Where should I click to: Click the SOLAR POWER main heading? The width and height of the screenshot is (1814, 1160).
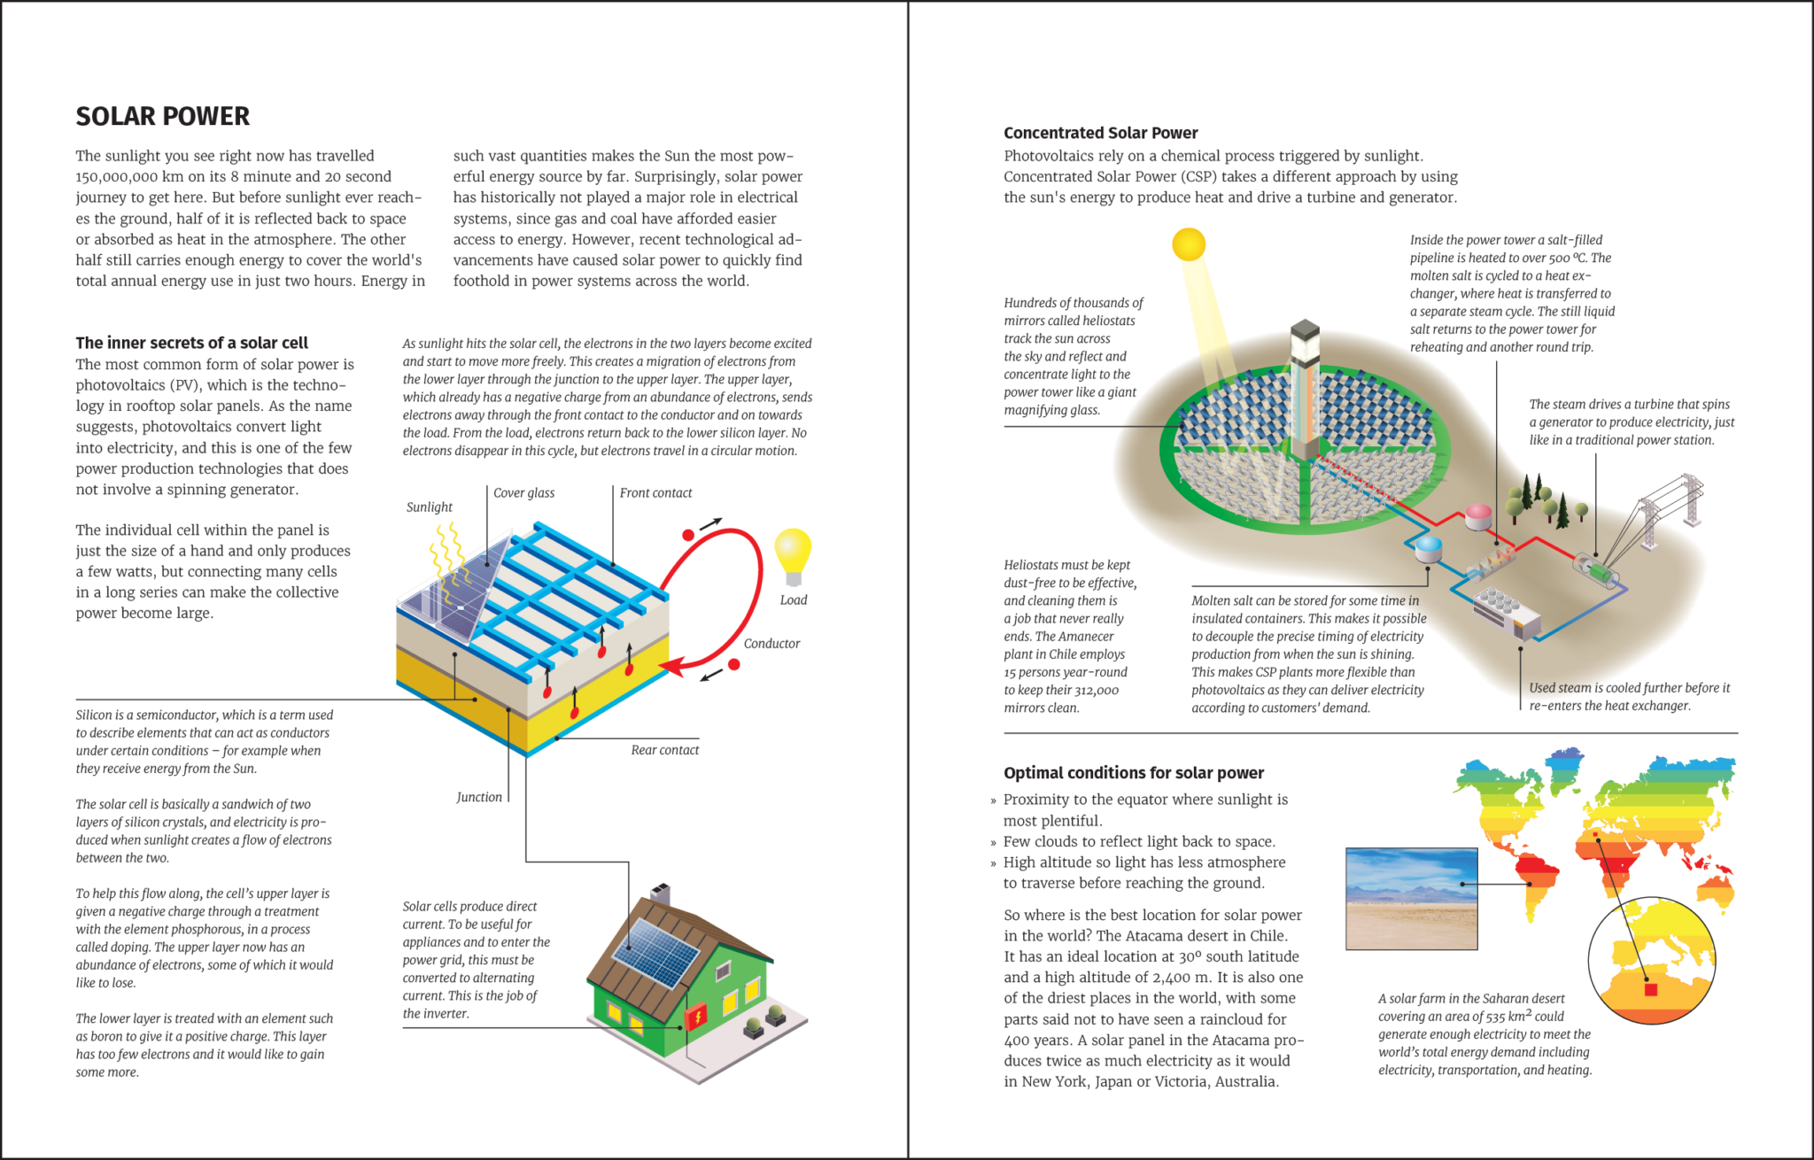[x=162, y=116]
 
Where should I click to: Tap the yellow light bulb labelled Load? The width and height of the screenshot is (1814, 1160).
[x=793, y=553]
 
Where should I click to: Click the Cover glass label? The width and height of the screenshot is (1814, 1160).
[x=523, y=493]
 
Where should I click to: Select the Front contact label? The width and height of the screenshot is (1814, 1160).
[x=655, y=493]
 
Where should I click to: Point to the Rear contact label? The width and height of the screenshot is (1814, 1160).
[x=664, y=750]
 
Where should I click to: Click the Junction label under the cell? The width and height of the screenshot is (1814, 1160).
[x=479, y=797]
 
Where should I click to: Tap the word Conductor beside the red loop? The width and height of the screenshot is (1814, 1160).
[x=771, y=644]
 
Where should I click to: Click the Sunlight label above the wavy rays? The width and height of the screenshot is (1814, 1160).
[x=429, y=507]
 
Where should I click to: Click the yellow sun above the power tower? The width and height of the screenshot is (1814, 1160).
[x=1189, y=244]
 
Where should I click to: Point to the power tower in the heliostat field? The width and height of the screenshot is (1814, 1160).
[x=1305, y=390]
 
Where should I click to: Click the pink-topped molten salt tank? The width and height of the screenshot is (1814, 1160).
[x=1477, y=516]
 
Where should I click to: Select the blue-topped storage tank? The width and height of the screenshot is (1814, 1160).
[x=1428, y=549]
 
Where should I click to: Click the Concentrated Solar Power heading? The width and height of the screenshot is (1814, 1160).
[x=1100, y=133]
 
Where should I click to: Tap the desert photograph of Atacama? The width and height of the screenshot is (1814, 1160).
[x=1411, y=898]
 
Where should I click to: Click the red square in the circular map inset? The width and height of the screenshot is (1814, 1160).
[x=1650, y=989]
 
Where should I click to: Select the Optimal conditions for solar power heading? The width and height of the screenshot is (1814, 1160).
[x=1133, y=773]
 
